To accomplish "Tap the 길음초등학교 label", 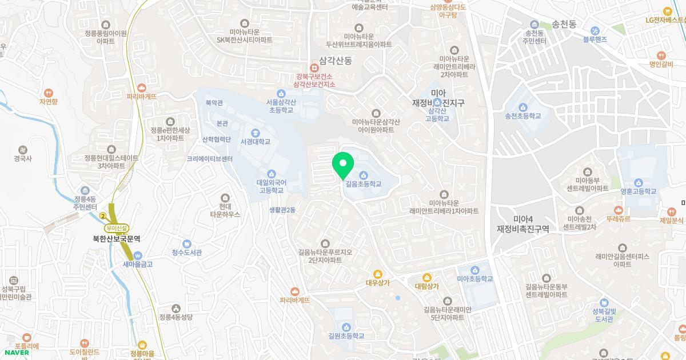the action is pos(363,185).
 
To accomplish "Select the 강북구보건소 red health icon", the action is pos(314,66).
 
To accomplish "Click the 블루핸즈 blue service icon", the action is pos(595,31).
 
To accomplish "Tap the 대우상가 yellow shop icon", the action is pos(377,274).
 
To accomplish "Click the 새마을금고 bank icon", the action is pos(137,255).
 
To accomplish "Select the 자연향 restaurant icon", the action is pos(49,93).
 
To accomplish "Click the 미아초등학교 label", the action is pos(474,279).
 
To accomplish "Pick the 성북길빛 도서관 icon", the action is pos(603,302).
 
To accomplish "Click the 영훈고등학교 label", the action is pos(638,191).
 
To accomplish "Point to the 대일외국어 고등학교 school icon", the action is pos(271,174).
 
